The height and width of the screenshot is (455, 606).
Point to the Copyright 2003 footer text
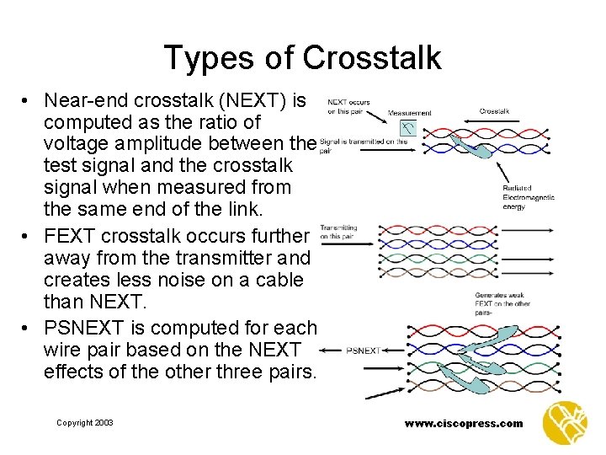[84, 423]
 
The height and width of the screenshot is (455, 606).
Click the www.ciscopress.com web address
[463, 424]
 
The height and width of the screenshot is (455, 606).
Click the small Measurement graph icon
[407, 128]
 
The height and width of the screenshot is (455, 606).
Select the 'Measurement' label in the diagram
[409, 113]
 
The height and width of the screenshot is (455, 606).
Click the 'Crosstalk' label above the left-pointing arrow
[494, 110]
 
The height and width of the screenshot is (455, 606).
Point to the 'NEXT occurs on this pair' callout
[348, 106]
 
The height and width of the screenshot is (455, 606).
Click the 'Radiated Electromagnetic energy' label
[528, 197]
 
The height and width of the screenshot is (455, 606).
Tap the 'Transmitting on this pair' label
[338, 232]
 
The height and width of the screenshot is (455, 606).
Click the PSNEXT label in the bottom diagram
[363, 350]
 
